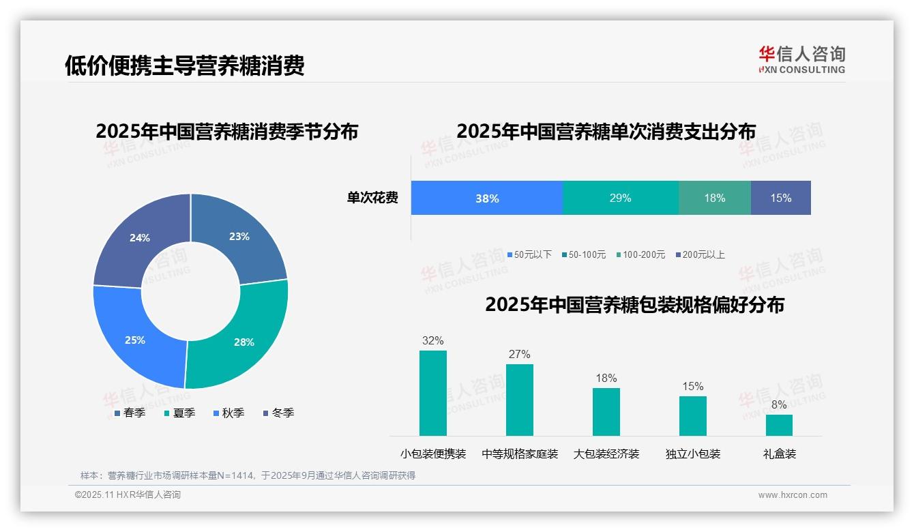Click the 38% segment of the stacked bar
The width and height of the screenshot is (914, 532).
tap(487, 198)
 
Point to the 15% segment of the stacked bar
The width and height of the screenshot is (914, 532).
tap(780, 198)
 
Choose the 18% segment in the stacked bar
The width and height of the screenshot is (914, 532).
tap(714, 198)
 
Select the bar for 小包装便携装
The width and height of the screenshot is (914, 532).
tap(432, 393)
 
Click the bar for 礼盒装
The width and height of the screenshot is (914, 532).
tap(779, 425)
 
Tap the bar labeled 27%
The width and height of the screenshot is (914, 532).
tap(519, 400)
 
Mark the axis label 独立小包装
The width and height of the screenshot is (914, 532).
tap(692, 454)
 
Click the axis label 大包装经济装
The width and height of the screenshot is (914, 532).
tap(606, 454)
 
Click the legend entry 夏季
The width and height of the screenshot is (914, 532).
tap(180, 413)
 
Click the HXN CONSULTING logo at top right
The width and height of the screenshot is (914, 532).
tap(801, 59)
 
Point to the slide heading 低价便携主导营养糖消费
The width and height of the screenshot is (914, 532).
tap(184, 65)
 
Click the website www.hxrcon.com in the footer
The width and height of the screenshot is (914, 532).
tap(793, 495)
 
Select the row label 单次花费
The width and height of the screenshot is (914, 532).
tap(372, 198)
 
